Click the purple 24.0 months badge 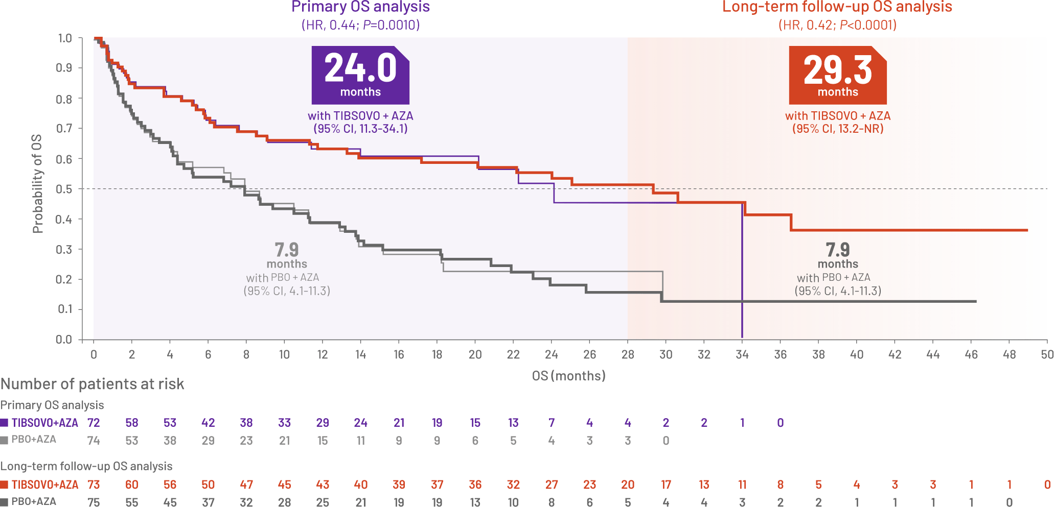[360, 75]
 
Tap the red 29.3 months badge [837, 75]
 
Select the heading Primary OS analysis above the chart [360, 7]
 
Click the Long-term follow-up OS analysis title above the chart [837, 7]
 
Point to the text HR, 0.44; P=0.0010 [360, 25]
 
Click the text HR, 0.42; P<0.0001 [837, 25]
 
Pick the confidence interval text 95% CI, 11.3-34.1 [360, 129]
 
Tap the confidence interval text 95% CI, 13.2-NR [838, 129]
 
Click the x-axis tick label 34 [742, 354]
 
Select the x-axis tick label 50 [1047, 354]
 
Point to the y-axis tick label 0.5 [65, 189]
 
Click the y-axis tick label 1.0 [65, 39]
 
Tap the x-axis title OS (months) [568, 376]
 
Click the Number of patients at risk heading [92, 384]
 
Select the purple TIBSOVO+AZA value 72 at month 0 [94, 423]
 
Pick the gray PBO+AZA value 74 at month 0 [94, 440]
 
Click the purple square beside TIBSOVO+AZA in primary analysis [5, 423]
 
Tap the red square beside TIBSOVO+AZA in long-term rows [5, 485]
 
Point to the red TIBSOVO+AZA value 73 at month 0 [94, 485]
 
